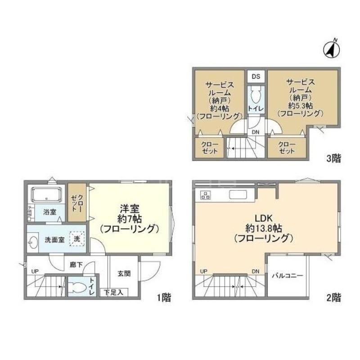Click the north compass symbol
point(332,50)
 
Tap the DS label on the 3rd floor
point(256,76)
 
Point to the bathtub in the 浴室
point(47,195)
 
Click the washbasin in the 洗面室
point(33,242)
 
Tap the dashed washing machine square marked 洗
point(77,239)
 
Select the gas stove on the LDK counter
point(205,195)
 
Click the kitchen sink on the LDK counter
point(238,195)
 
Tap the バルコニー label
point(288,275)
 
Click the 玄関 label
point(124,274)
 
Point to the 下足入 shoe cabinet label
point(114,292)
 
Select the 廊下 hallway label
point(76,265)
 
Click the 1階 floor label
point(164,298)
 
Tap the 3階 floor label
point(334,158)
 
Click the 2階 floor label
point(334,298)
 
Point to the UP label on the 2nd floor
point(204,271)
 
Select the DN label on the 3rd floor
point(255,132)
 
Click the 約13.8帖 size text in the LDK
point(264,228)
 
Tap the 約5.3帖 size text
point(300,106)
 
